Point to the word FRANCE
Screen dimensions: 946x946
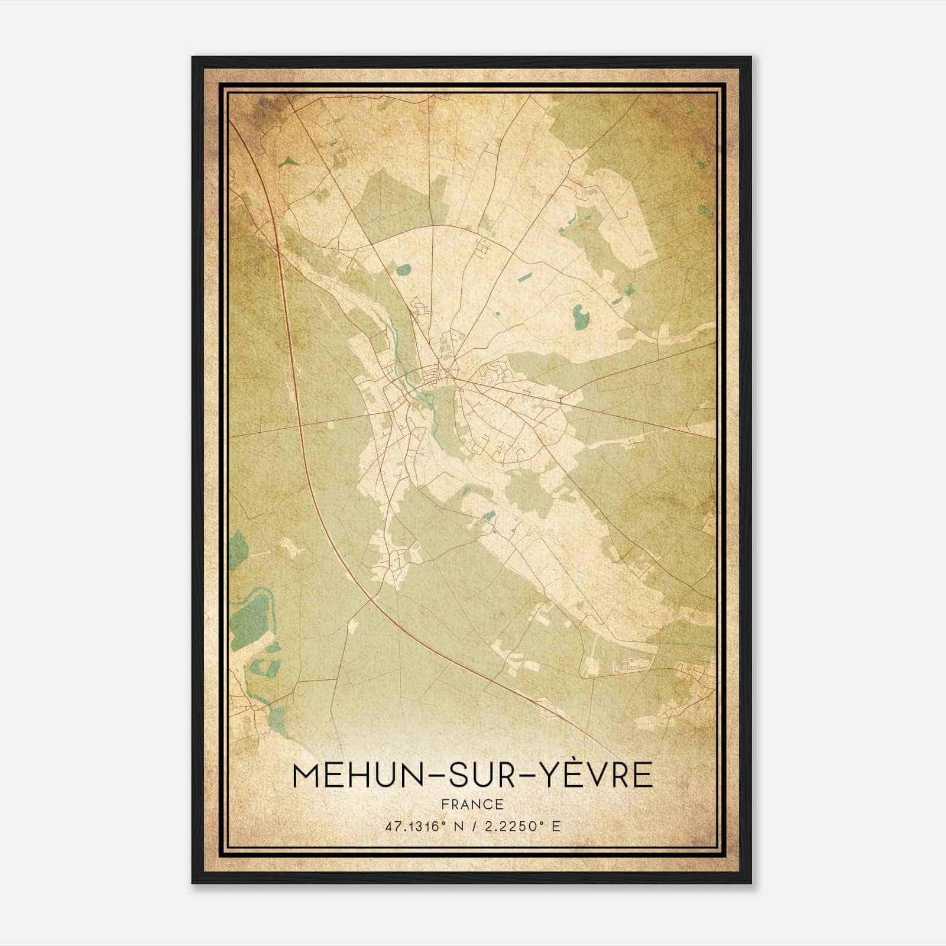[x=472, y=805]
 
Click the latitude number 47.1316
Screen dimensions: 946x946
[x=411, y=827]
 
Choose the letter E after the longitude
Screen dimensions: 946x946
[x=555, y=827]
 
